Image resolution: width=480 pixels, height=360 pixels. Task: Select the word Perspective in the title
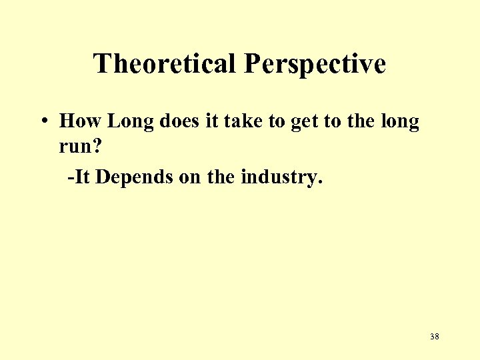click(x=315, y=64)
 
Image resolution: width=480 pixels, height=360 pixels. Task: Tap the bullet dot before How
click(x=43, y=122)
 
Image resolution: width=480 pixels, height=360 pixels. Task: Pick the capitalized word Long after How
click(x=130, y=121)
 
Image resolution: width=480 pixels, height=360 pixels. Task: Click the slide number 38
click(x=434, y=337)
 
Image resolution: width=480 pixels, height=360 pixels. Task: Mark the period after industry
click(x=320, y=183)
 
